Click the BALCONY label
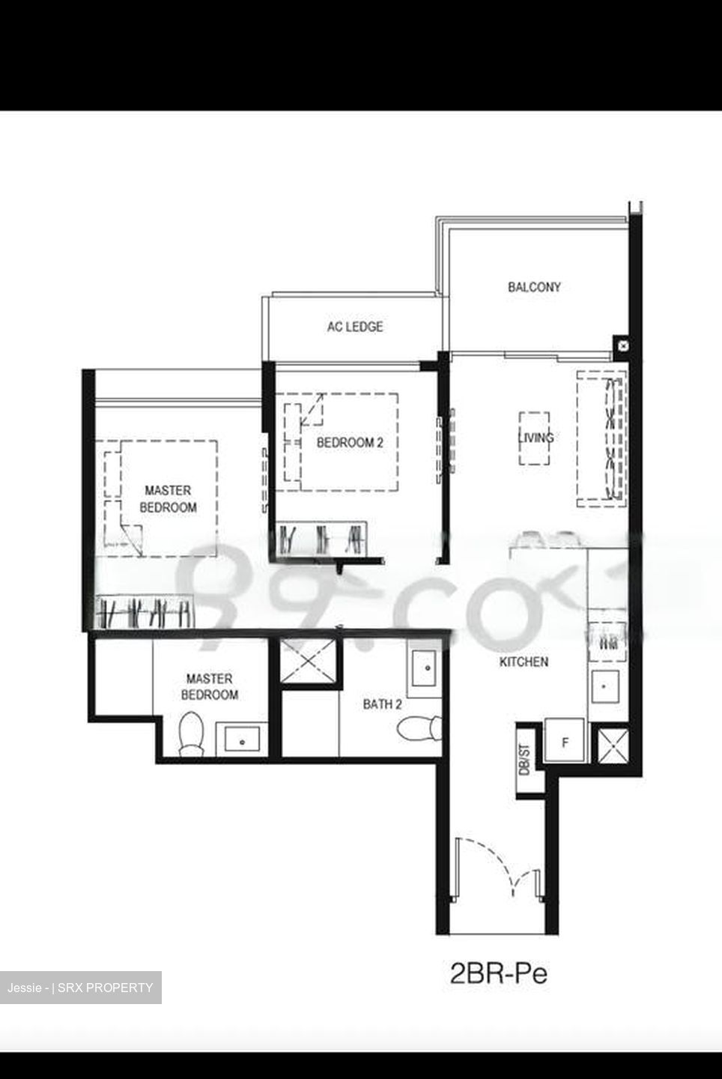tap(533, 286)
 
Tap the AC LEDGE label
tap(354, 327)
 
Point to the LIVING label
tap(536, 438)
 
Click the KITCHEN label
tap(524, 662)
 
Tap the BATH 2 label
tap(382, 704)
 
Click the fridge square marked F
tap(565, 743)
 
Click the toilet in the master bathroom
tap(191, 732)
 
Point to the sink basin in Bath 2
tap(425, 665)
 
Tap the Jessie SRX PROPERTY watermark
tap(81, 988)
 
